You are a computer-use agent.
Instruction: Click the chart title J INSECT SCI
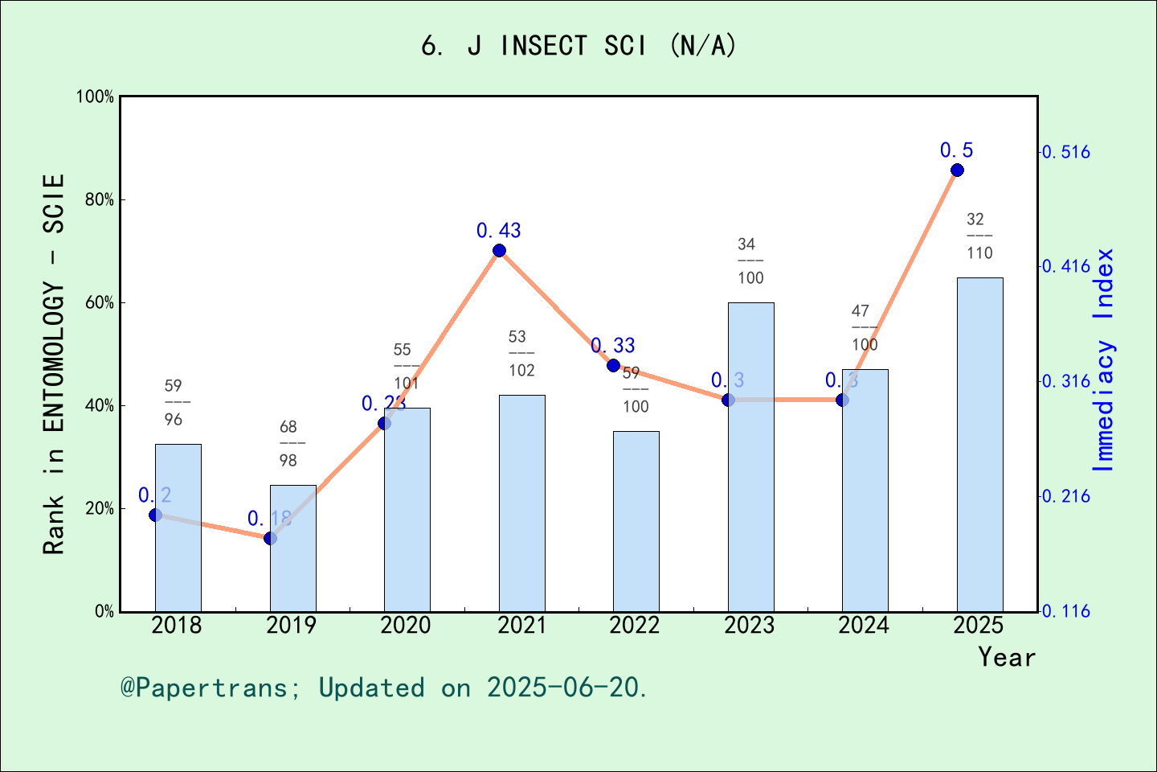pos(578,46)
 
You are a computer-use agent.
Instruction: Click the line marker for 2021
pos(499,250)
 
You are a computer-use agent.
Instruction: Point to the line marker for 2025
pos(957,170)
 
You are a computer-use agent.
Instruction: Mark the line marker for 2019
pos(270,538)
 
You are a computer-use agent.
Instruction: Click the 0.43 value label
pos(499,231)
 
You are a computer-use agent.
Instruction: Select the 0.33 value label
pos(613,346)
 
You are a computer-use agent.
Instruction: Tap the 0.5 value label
pos(957,150)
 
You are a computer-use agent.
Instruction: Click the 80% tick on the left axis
pos(100,200)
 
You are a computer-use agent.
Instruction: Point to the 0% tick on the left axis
pos(104,612)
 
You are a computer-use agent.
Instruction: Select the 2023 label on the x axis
pos(750,626)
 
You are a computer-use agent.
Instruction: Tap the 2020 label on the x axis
pos(406,626)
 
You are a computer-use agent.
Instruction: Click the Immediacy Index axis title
pos(1105,359)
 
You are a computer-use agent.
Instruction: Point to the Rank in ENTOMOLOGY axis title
pos(54,363)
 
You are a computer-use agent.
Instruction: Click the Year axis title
pos(1007,658)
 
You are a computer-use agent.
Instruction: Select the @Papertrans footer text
pos(384,688)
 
